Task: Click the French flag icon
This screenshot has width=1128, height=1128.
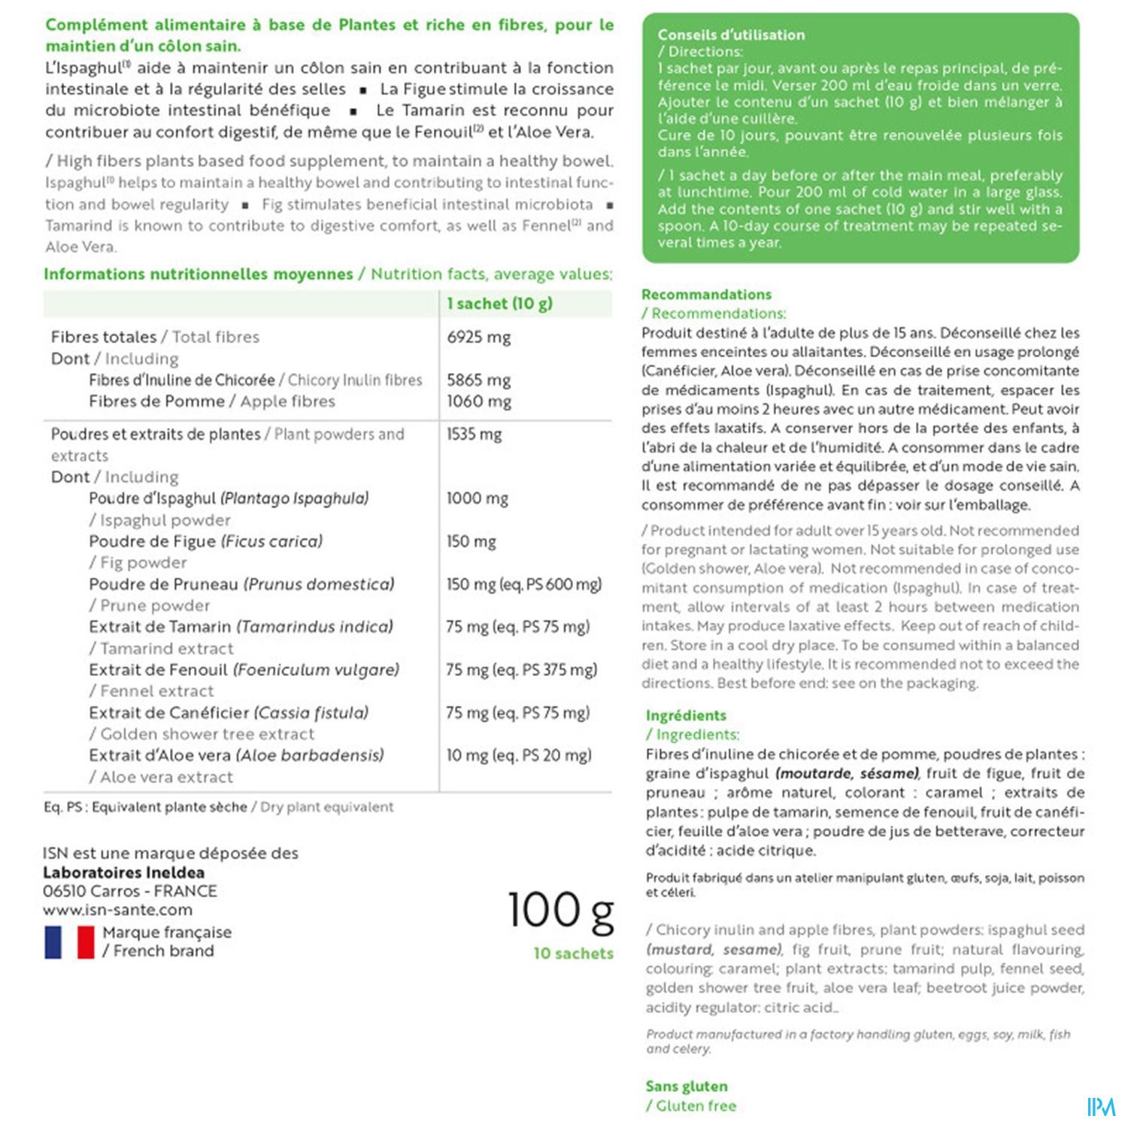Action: (x=69, y=942)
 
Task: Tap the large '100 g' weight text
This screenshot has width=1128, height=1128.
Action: (x=560, y=911)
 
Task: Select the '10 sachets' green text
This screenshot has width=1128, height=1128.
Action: (x=573, y=954)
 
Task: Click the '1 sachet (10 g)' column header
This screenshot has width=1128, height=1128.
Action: (x=499, y=304)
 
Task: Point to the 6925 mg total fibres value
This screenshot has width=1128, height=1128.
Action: (x=478, y=337)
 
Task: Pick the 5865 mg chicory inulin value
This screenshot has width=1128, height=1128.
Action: (x=478, y=380)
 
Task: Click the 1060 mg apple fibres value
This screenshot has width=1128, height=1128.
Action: (x=478, y=401)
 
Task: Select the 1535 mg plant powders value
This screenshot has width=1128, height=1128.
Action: (x=474, y=434)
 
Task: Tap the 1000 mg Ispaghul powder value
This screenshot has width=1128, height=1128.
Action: (x=477, y=498)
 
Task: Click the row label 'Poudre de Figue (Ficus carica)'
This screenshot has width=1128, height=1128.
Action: (x=205, y=541)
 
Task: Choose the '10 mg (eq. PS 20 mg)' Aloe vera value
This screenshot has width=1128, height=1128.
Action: (x=518, y=755)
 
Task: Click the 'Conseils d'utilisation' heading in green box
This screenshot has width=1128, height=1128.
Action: (x=731, y=35)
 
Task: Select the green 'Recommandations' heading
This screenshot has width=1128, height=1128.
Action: (x=706, y=294)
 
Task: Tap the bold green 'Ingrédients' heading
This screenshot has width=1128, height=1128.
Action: (x=686, y=715)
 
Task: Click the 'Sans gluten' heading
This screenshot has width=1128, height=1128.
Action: (x=687, y=1086)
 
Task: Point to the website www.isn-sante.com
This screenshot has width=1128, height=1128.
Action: (x=117, y=910)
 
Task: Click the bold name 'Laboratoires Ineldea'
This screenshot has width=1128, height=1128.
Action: (x=123, y=872)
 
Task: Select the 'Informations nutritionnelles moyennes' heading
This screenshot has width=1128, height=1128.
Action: (x=198, y=274)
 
